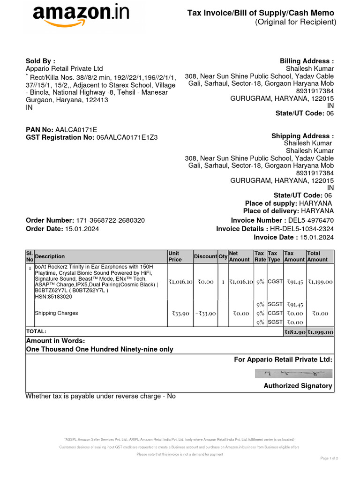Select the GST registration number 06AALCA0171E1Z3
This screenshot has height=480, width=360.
127,137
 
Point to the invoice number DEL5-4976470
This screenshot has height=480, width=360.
312,220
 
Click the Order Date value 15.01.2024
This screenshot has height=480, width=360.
82,229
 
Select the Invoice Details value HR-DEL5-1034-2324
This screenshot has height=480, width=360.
302,229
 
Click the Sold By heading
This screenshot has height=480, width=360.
40,61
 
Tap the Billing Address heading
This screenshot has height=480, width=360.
307,61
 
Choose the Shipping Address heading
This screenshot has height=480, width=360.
302,136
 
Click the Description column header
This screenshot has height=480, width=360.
50,256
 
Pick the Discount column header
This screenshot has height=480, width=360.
205,256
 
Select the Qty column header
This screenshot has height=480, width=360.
223,256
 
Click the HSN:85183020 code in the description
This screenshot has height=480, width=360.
53,297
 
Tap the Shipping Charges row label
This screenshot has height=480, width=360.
56,313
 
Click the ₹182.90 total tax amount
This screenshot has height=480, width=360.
295,332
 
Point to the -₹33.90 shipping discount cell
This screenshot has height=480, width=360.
205,313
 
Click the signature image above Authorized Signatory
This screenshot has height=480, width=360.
293,374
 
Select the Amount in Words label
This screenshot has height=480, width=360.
55,341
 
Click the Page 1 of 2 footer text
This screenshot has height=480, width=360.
329,458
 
